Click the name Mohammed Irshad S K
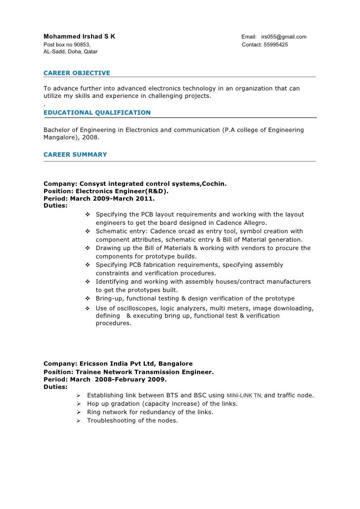(80, 37)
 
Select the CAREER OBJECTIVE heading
(77, 73)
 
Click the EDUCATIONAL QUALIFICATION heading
(97, 113)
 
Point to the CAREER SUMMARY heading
(75, 155)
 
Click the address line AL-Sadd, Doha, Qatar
(71, 51)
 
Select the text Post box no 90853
(67, 45)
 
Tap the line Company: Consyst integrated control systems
(135, 184)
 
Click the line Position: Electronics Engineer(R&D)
(106, 191)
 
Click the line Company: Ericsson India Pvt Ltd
(118, 364)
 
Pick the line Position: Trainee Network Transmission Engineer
(129, 372)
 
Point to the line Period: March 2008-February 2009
(105, 380)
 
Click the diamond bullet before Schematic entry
(87, 231)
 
